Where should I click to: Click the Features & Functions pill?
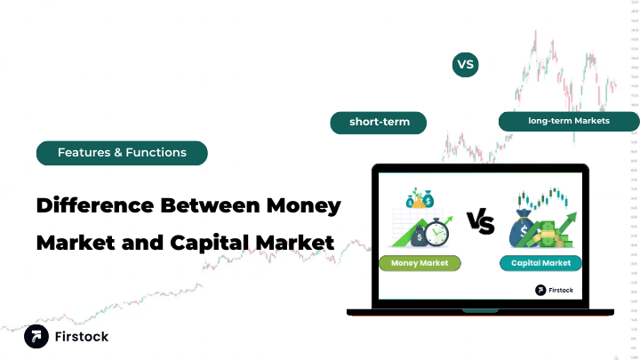(122, 153)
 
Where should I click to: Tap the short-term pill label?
(379, 122)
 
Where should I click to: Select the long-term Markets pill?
(568, 121)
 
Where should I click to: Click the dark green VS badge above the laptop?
(465, 65)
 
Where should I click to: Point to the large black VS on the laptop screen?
(480, 223)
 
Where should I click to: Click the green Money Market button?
(420, 263)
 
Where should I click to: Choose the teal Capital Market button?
(540, 263)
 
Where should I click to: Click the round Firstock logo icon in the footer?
(36, 337)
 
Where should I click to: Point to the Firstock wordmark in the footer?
(81, 338)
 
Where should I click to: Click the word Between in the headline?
(212, 206)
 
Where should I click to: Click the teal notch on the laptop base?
(480, 310)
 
